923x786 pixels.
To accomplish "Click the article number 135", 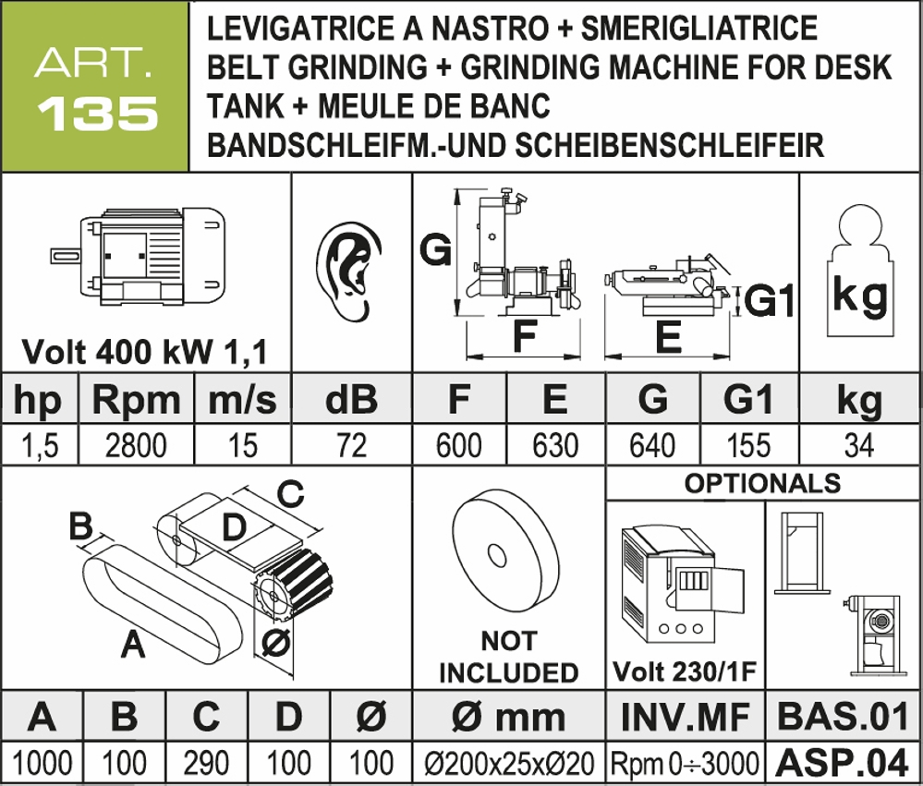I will pyautogui.click(x=95, y=113).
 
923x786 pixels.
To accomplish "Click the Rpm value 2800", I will pyautogui.click(x=137, y=446).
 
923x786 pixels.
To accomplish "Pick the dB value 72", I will pyautogui.click(x=351, y=446).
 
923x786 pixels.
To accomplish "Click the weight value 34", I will pyautogui.click(x=859, y=446).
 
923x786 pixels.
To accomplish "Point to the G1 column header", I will pyautogui.click(x=748, y=399).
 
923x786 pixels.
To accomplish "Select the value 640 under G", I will pyautogui.click(x=652, y=446).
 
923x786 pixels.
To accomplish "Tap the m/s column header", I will pyautogui.click(x=242, y=399).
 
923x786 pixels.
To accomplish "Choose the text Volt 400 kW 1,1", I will pyautogui.click(x=144, y=352).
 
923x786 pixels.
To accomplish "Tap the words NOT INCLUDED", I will pyautogui.click(x=508, y=657).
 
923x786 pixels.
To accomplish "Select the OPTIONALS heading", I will pyautogui.click(x=762, y=483).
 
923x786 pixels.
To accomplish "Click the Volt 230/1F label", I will pyautogui.click(x=685, y=671).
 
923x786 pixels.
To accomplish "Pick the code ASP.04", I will pyautogui.click(x=841, y=763).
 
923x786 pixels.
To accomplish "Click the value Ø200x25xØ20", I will pyautogui.click(x=508, y=764).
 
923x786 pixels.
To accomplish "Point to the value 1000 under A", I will pyautogui.click(x=42, y=764).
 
